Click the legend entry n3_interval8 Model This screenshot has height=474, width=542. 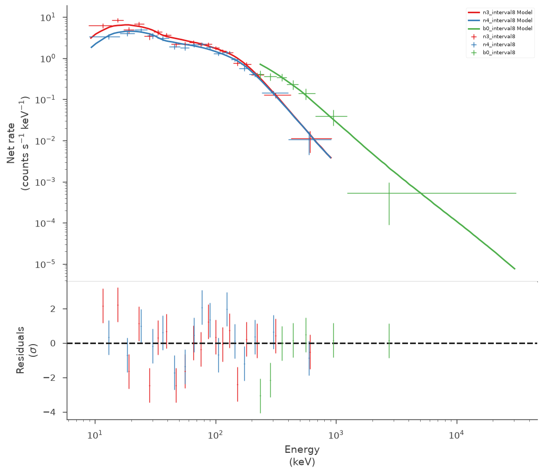click(x=500, y=12)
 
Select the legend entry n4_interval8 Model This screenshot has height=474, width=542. click(x=500, y=21)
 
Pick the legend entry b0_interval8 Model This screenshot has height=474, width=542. click(x=500, y=29)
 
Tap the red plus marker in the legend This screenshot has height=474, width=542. click(x=474, y=37)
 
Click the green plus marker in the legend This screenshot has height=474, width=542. click(x=474, y=52)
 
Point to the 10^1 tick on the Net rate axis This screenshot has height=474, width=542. click(x=48, y=17)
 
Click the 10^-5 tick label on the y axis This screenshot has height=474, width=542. click(x=46, y=265)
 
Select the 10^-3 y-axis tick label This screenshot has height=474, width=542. click(x=46, y=182)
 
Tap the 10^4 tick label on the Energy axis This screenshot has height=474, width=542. click(x=456, y=435)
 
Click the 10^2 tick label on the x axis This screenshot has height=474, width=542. click(x=215, y=435)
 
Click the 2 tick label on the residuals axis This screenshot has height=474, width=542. click(x=53, y=309)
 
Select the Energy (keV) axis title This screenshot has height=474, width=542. click(x=302, y=455)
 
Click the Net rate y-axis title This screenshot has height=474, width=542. click(x=18, y=143)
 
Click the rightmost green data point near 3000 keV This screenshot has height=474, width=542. click(x=389, y=193)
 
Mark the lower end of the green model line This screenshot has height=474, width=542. click(x=514, y=269)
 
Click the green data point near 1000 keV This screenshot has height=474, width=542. click(x=333, y=116)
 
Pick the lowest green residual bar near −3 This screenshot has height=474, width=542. click(x=260, y=396)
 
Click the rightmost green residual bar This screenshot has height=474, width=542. click(x=389, y=341)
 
